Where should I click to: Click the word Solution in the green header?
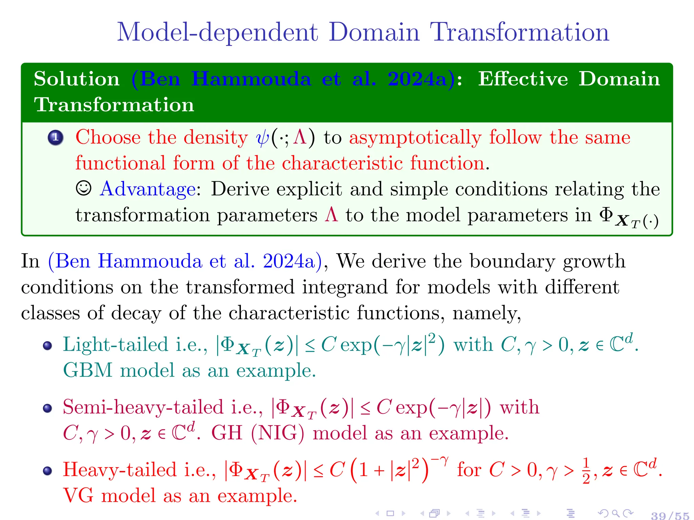click(x=77, y=79)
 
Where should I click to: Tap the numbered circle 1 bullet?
click(x=56, y=138)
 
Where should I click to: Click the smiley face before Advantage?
click(x=83, y=188)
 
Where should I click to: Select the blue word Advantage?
click(x=148, y=189)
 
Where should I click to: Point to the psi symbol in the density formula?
click(x=263, y=138)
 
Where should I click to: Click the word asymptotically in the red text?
click(x=415, y=138)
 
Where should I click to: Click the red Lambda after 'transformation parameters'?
click(x=331, y=215)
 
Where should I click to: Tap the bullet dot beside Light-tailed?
click(x=47, y=346)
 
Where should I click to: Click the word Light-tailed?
click(x=116, y=345)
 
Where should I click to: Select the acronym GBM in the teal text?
click(x=88, y=370)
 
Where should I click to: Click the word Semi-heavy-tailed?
click(x=143, y=407)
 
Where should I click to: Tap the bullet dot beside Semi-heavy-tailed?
click(x=47, y=408)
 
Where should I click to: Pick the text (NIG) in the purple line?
click(x=278, y=433)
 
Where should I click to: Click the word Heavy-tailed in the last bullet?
click(x=120, y=470)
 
